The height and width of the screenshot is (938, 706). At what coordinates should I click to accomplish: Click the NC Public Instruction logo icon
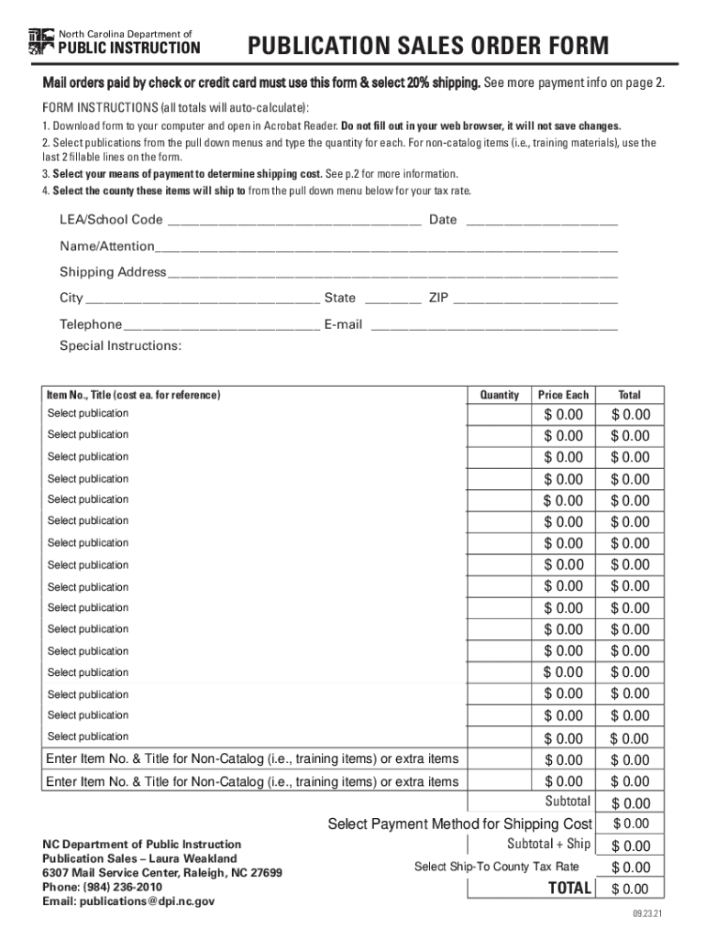click(x=41, y=41)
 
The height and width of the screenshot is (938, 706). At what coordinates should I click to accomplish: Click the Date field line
click(x=542, y=221)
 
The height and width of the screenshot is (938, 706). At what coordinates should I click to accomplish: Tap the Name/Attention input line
click(x=386, y=247)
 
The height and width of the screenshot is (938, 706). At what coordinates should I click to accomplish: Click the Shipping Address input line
click(x=392, y=273)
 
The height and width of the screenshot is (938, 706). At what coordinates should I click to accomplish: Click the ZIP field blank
click(x=535, y=299)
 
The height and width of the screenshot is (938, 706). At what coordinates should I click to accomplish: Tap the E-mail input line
click(x=493, y=325)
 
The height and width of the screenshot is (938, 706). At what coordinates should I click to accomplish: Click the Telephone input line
click(x=221, y=325)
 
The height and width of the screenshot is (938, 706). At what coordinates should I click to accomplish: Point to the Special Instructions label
click(x=120, y=346)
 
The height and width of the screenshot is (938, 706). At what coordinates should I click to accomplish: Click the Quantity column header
click(x=500, y=395)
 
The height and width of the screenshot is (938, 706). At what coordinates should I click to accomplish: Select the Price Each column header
click(x=563, y=395)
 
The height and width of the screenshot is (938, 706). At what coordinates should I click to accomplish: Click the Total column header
click(x=629, y=395)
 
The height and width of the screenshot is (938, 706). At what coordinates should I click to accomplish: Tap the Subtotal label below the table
click(x=568, y=802)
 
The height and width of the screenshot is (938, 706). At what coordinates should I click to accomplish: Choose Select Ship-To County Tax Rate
click(x=496, y=867)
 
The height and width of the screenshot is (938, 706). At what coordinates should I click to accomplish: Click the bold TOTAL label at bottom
click(x=569, y=889)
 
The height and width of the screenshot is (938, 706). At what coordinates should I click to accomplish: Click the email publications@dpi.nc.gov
click(x=128, y=901)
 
